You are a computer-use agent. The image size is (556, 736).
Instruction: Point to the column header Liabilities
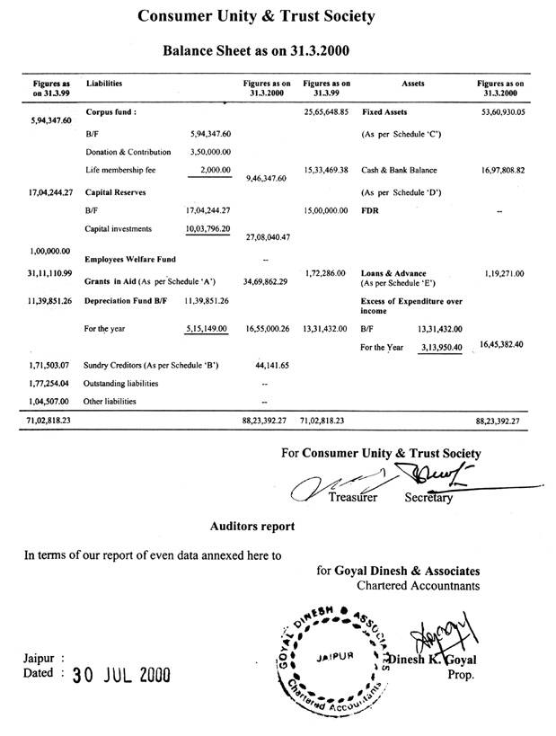104,83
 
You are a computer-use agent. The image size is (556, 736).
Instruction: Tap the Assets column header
409,83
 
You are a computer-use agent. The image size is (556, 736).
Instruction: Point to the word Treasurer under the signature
353,496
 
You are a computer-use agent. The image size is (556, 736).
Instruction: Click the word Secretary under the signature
428,497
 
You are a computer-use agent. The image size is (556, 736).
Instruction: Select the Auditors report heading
252,525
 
